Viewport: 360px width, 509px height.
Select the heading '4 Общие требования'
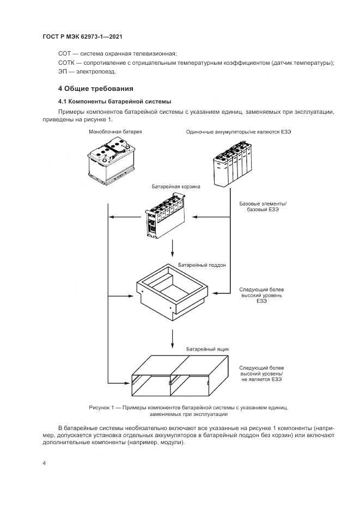tap(95, 88)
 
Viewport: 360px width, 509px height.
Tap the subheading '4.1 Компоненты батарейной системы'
tap(115, 101)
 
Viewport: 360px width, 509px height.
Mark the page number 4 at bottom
tap(44, 463)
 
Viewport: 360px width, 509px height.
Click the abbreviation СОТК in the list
tap(66, 63)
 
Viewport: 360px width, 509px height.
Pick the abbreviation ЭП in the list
tap(63, 72)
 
